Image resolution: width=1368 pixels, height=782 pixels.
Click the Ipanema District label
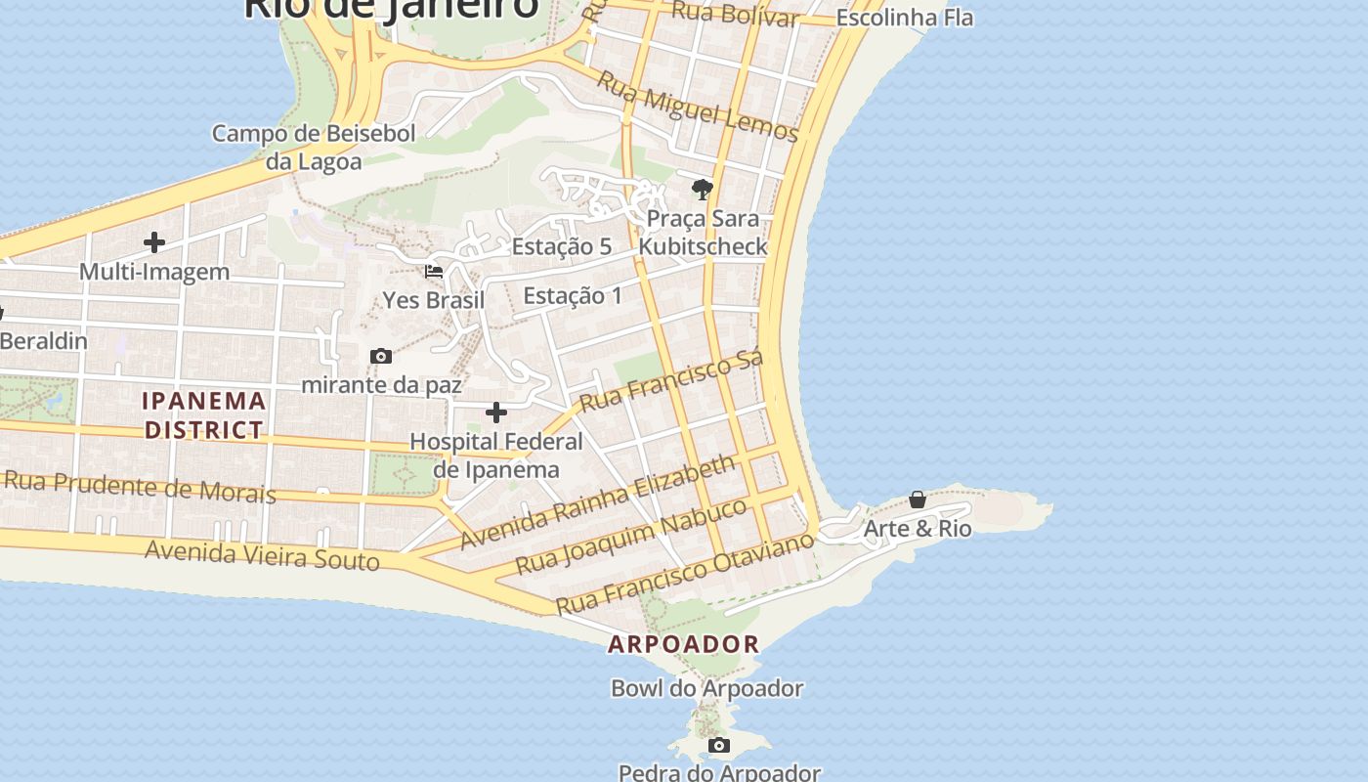(x=204, y=414)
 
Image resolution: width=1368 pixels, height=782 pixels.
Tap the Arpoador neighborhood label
(x=684, y=644)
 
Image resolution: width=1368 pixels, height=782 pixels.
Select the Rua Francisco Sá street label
(x=670, y=382)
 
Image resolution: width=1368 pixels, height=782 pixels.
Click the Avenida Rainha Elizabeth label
(x=597, y=500)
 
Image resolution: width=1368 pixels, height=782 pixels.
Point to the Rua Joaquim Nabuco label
(x=631, y=536)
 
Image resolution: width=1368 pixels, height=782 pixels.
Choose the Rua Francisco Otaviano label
(x=685, y=573)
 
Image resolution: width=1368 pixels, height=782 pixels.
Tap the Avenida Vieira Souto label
(x=262, y=555)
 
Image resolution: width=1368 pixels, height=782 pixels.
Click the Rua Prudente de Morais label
(x=140, y=486)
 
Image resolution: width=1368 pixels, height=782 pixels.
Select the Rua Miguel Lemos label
(x=698, y=107)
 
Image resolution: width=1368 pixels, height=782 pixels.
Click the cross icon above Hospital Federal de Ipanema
(x=496, y=413)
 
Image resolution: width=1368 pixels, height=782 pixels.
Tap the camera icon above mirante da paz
(x=381, y=357)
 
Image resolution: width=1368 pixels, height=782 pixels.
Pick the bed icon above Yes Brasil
(x=434, y=272)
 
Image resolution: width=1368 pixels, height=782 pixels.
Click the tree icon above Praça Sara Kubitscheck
(x=702, y=190)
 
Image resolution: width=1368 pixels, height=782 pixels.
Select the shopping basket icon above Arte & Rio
(x=918, y=500)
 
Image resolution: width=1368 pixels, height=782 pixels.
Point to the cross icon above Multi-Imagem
(x=154, y=242)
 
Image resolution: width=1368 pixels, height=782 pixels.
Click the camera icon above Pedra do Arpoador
(x=719, y=746)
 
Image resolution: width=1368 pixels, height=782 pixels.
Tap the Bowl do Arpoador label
(x=707, y=688)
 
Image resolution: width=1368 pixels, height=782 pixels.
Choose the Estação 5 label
(x=562, y=246)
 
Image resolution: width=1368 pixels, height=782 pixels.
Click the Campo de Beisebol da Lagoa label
(x=314, y=147)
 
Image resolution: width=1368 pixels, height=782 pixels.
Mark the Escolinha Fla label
(x=905, y=18)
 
